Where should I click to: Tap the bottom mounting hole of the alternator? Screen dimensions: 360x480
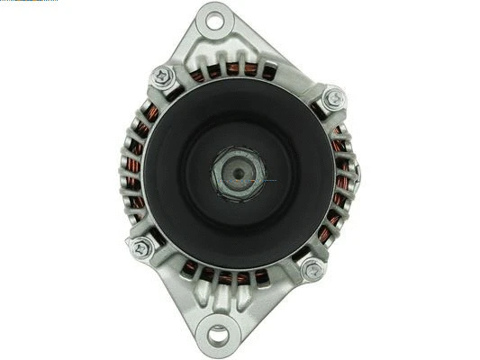(x=218, y=336)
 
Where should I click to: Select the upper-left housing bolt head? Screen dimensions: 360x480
(x=164, y=77)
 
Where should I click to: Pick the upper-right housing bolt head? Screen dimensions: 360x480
(x=334, y=98)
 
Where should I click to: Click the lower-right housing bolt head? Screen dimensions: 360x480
(x=313, y=268)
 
